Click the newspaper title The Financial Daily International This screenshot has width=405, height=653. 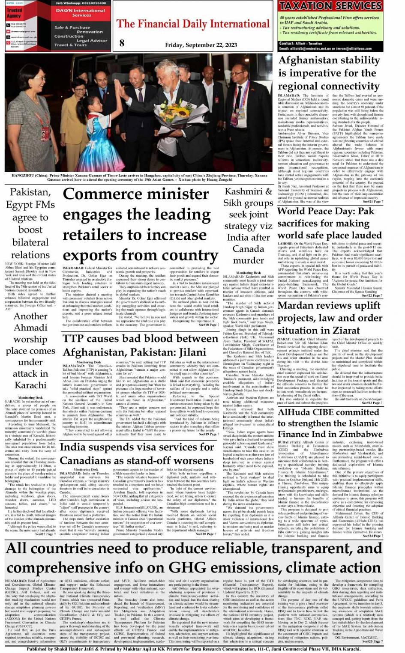click(193, 24)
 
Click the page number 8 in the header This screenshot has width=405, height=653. click(122, 43)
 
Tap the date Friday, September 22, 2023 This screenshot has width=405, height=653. click(201, 45)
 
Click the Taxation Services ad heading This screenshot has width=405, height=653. click(330, 6)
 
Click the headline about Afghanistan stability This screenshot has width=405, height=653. click(329, 73)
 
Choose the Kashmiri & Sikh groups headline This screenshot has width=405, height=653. click(248, 225)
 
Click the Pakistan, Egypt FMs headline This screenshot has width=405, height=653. click(30, 223)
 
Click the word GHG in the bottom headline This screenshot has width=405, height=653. click(188, 567)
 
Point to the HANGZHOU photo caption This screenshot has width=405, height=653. click(139, 177)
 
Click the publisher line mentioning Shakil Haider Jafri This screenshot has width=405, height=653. click(193, 649)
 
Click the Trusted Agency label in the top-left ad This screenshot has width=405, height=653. click(14, 13)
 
